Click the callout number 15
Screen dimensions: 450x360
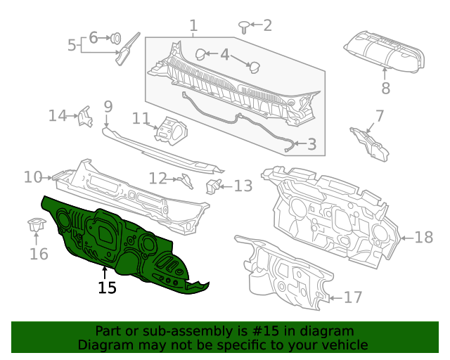click(107, 288)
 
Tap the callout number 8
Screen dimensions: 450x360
click(385, 89)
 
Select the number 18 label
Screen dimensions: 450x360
click(423, 238)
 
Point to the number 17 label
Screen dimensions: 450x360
click(352, 297)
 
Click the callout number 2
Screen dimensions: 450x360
click(266, 26)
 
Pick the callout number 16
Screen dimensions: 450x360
click(39, 253)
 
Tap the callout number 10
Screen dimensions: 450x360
click(33, 177)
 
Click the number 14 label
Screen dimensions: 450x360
click(58, 115)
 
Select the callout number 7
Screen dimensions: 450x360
click(379, 115)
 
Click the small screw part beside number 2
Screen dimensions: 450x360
click(243, 27)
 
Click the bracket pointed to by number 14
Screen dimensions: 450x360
click(84, 117)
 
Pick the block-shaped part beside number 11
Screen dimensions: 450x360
click(171, 131)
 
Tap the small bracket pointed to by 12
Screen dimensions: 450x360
click(186, 180)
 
